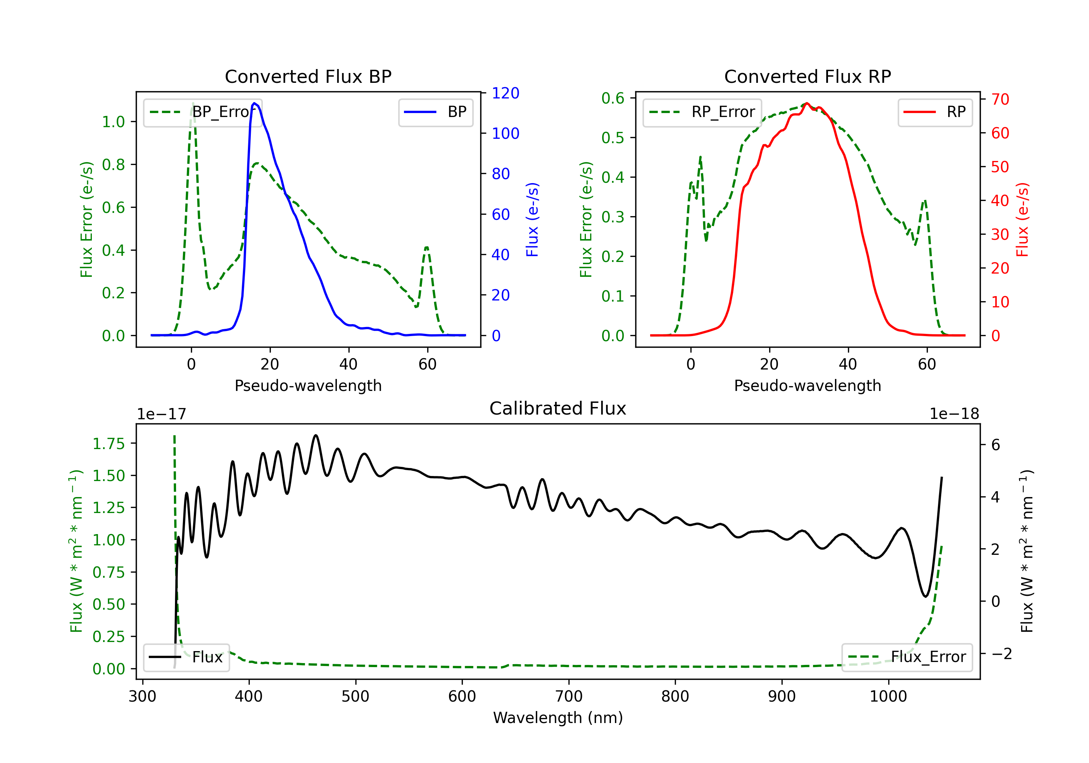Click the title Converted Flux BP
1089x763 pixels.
pyautogui.click(x=308, y=76)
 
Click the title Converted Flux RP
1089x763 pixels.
pyautogui.click(x=807, y=76)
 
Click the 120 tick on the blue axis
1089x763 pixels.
pyautogui.click(x=506, y=93)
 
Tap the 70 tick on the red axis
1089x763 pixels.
pyautogui.click(x=1000, y=99)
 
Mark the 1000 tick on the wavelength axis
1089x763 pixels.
pyautogui.click(x=888, y=697)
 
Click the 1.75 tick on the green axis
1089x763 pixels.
pyautogui.click(x=109, y=444)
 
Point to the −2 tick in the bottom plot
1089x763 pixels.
pyautogui.click(x=1001, y=654)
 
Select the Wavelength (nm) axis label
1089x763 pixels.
pyautogui.click(x=558, y=718)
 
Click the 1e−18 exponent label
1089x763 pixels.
pyautogui.click(x=954, y=414)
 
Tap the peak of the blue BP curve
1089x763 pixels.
pyautogui.click(x=255, y=103)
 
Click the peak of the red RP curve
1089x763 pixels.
pyautogui.click(x=807, y=104)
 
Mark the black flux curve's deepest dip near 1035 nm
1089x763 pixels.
pyautogui.click(x=925, y=596)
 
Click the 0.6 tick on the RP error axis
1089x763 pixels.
pyautogui.click(x=613, y=98)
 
